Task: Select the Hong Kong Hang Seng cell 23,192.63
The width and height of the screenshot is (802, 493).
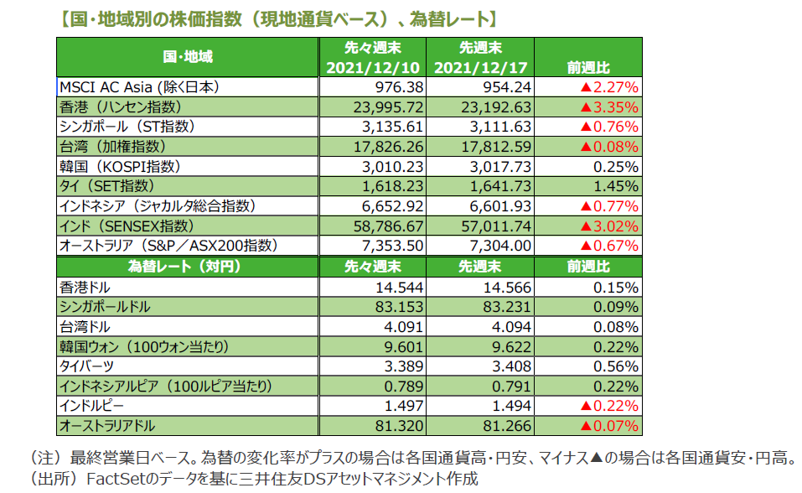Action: (495, 106)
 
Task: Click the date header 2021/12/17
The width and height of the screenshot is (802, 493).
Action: (483, 67)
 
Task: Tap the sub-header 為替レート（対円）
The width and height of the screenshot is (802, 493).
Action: (187, 267)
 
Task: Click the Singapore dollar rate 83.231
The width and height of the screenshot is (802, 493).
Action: (505, 306)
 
